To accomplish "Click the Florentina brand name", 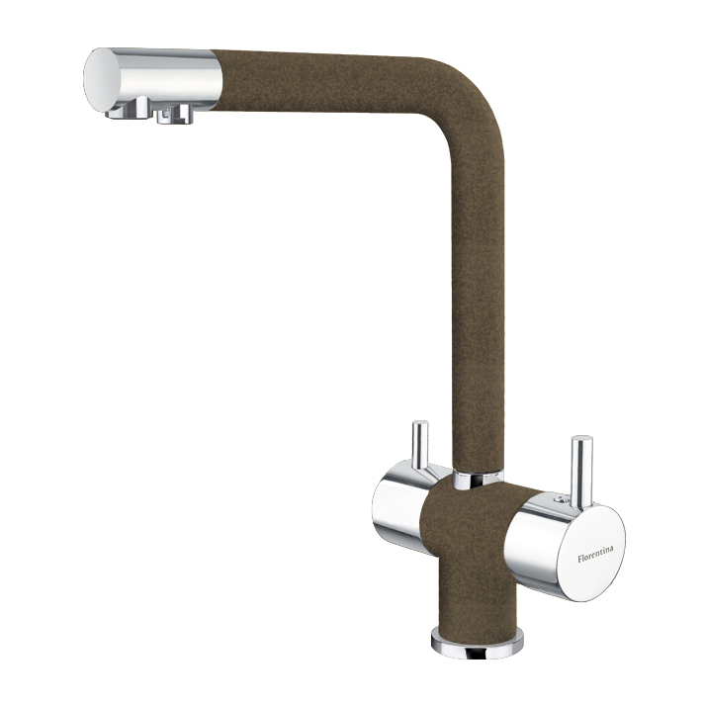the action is click(595, 554).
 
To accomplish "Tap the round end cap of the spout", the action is click(102, 80).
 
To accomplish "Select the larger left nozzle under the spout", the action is click(131, 108).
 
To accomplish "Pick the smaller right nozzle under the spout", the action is click(175, 114).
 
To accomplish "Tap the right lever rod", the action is click(581, 471).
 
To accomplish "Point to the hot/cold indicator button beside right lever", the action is click(559, 498).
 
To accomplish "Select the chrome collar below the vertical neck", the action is click(478, 479).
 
